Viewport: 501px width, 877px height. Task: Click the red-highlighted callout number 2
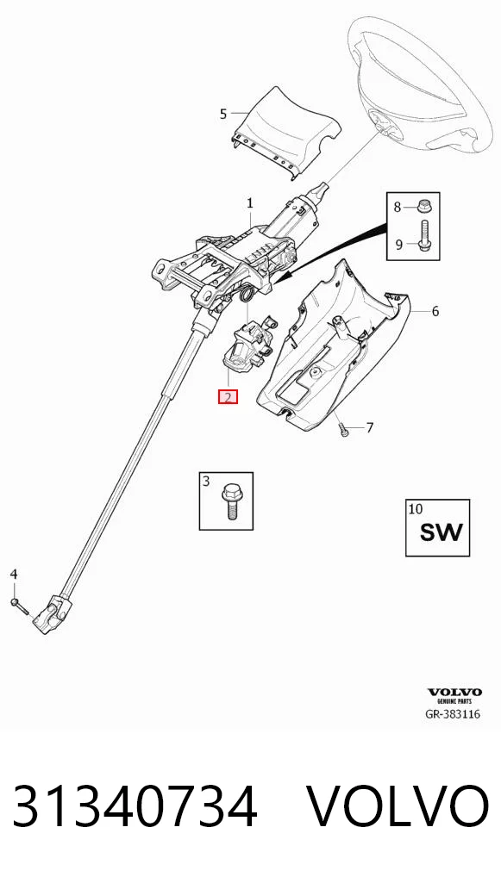click(x=228, y=397)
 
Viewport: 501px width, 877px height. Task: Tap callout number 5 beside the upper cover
click(x=223, y=114)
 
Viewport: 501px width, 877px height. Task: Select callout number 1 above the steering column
click(x=250, y=204)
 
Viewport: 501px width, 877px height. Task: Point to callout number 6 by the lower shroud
click(x=435, y=311)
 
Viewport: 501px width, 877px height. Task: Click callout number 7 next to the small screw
click(x=369, y=428)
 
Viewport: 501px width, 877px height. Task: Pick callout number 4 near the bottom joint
click(x=15, y=574)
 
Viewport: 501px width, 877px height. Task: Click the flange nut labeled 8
click(x=423, y=207)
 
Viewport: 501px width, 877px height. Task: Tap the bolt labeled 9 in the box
click(x=423, y=237)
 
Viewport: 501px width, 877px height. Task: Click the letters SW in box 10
click(x=442, y=532)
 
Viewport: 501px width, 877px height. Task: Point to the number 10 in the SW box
click(x=416, y=509)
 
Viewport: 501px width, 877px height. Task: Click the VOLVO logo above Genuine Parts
click(x=454, y=693)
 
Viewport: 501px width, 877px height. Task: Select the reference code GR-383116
click(x=454, y=714)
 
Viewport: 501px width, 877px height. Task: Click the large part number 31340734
click(x=135, y=806)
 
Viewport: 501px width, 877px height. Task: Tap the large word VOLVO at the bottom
click(x=398, y=806)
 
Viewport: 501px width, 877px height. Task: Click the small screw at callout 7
click(x=344, y=429)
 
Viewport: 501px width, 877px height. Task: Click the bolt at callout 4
click(x=18, y=605)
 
